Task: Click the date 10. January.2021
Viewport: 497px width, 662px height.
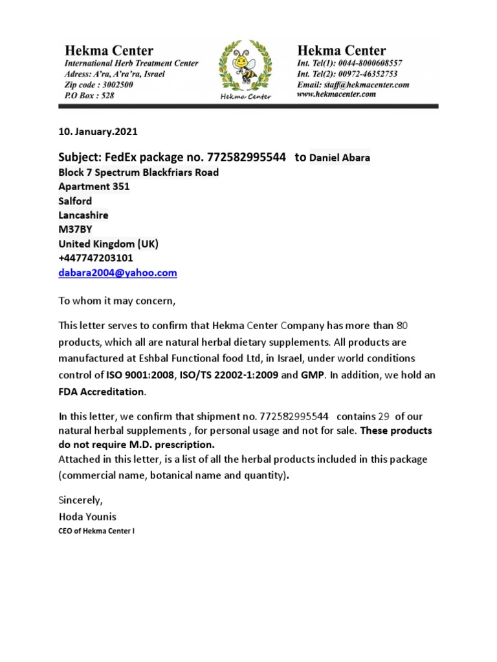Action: tap(98, 131)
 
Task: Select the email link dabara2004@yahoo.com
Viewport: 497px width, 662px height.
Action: tap(117, 273)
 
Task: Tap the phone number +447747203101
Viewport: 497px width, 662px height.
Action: tap(96, 258)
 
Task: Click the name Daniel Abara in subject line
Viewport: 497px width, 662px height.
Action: tap(340, 158)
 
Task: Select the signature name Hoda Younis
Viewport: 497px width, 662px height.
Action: tap(87, 517)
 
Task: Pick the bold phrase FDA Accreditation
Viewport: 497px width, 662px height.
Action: tap(102, 391)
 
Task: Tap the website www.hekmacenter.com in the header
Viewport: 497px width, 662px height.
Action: tap(336, 94)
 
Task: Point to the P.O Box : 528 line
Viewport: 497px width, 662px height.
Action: tap(89, 95)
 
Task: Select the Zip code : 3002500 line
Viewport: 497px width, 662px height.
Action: tap(99, 85)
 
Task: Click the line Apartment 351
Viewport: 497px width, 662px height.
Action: tap(94, 187)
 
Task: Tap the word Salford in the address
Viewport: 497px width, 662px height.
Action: tap(75, 201)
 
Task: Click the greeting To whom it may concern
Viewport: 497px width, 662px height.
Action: tap(117, 301)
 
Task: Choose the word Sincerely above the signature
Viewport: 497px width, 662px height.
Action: tap(80, 500)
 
